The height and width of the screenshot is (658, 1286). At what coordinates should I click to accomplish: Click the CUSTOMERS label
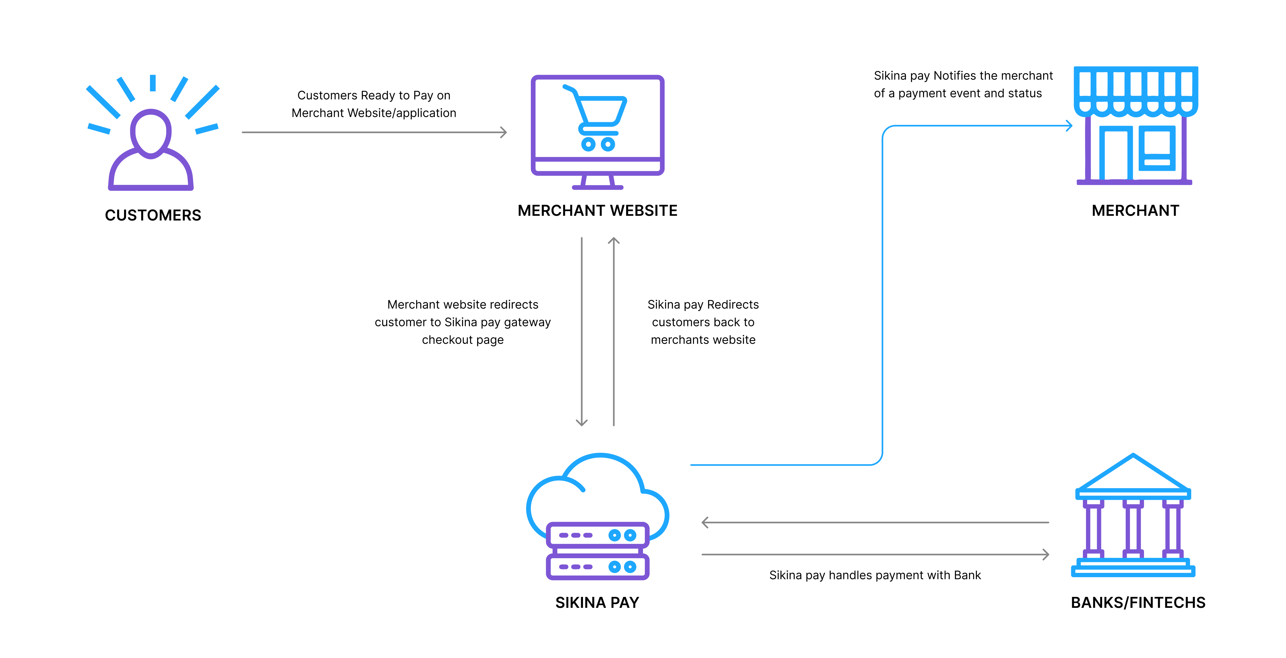pyautogui.click(x=153, y=215)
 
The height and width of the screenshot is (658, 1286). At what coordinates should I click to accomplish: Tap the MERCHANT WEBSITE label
pyautogui.click(x=597, y=211)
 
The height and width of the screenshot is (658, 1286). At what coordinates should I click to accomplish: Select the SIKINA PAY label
pyautogui.click(x=597, y=602)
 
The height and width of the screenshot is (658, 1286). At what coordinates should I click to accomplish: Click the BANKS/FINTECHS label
pyautogui.click(x=1138, y=602)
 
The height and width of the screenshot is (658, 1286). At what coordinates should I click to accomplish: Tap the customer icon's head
pyautogui.click(x=151, y=132)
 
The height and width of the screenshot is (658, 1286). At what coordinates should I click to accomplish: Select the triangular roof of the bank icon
pyautogui.click(x=1133, y=474)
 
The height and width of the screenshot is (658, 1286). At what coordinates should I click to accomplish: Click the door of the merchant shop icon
pyautogui.click(x=1116, y=155)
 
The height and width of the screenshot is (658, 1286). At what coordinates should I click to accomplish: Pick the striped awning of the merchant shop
pyautogui.click(x=1136, y=90)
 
